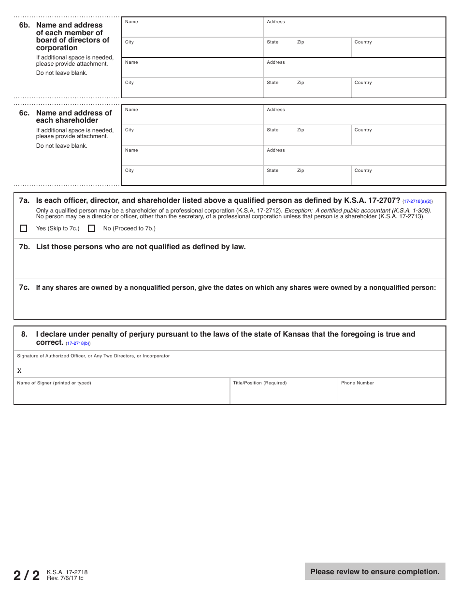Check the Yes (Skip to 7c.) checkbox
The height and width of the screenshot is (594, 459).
click(23, 228)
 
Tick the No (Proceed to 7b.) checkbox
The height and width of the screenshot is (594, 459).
click(91, 228)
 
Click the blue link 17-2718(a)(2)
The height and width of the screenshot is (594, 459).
click(417, 201)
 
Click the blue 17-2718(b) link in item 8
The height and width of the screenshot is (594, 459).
click(78, 343)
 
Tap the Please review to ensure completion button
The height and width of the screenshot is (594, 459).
click(375, 571)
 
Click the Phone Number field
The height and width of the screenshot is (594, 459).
click(391, 394)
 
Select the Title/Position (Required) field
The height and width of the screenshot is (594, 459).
click(284, 394)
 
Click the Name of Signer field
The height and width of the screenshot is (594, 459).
click(122, 394)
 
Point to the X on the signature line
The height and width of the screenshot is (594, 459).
click(19, 371)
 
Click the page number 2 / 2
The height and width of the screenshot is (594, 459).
click(27, 575)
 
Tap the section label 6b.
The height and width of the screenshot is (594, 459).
click(24, 25)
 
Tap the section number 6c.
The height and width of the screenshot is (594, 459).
click(24, 113)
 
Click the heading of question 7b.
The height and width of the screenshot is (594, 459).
click(141, 247)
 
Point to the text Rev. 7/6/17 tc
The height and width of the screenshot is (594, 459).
click(65, 578)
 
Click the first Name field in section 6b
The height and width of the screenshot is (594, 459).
click(192, 29)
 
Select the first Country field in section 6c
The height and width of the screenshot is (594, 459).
click(398, 137)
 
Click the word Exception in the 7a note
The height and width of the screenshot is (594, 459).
click(298, 211)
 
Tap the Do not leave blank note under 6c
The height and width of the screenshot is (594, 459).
click(62, 146)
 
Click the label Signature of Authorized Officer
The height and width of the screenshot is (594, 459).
click(93, 356)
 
